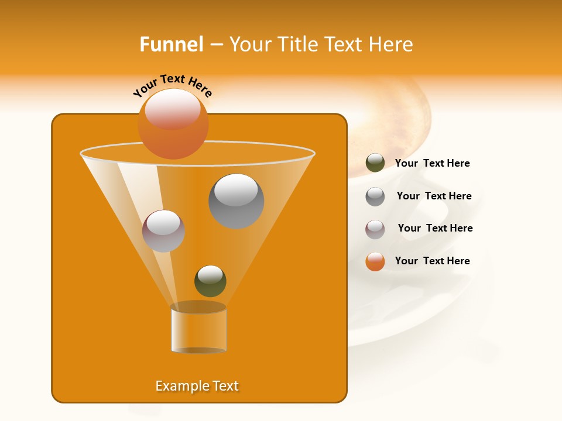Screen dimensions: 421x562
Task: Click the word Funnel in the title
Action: (172, 44)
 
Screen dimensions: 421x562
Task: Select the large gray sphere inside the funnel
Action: (236, 201)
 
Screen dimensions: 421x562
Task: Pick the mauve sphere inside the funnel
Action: (163, 231)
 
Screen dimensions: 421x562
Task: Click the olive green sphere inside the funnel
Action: (210, 281)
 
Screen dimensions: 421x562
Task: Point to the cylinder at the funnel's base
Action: (198, 329)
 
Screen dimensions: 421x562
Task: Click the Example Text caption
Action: (197, 386)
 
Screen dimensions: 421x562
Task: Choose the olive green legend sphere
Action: (375, 163)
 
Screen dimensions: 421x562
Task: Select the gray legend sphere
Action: (375, 196)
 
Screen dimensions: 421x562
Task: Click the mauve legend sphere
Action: (375, 229)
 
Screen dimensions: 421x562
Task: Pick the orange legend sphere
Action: (375, 261)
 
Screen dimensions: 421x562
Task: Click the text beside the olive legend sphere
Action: (432, 164)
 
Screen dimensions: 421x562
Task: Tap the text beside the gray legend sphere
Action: (434, 196)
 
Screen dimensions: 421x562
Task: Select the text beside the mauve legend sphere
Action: (435, 229)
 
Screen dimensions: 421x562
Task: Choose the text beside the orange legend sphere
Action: (432, 261)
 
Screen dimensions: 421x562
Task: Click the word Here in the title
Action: (391, 44)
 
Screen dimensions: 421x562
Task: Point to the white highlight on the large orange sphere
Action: (173, 109)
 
